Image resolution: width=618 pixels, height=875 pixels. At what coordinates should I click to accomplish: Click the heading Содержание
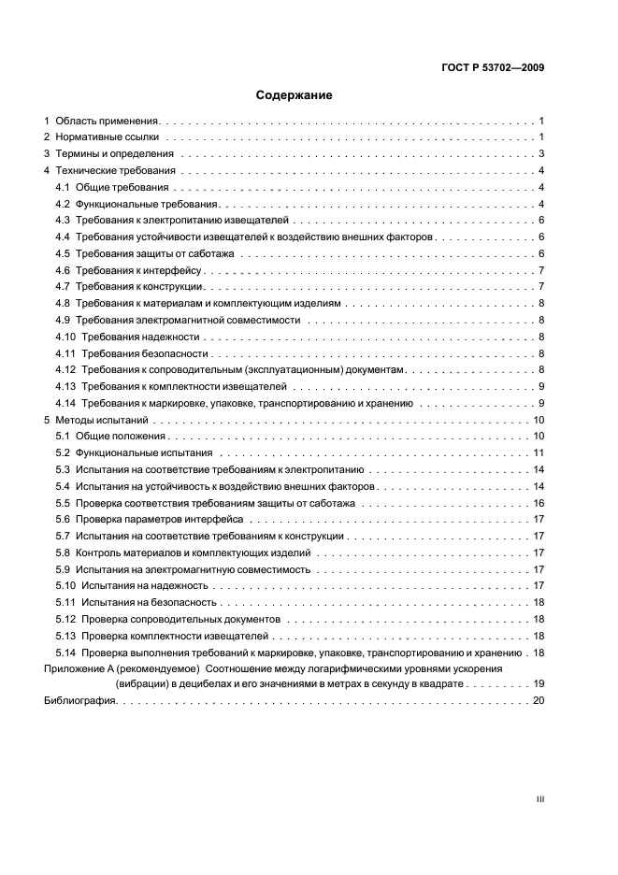click(x=295, y=95)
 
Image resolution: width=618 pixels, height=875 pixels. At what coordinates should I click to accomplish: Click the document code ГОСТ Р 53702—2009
click(x=493, y=67)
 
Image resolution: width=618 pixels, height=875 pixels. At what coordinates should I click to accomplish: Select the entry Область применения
click(x=108, y=122)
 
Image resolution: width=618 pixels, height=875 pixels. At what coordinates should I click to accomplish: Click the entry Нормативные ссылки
click(x=106, y=137)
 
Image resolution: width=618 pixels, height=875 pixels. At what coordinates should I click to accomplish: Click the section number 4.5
click(x=64, y=254)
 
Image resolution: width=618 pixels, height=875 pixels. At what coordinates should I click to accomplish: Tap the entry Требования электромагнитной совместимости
click(x=188, y=320)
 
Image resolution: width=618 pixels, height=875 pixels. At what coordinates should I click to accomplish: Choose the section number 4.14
click(x=66, y=403)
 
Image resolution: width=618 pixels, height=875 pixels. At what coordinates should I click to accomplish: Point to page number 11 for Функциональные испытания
click(x=539, y=452)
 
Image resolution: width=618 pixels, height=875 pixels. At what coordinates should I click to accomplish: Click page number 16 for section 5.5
click(x=539, y=502)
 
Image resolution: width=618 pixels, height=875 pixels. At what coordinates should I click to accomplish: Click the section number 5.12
click(x=66, y=619)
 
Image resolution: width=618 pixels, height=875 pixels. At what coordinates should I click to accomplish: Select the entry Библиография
click(x=80, y=702)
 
